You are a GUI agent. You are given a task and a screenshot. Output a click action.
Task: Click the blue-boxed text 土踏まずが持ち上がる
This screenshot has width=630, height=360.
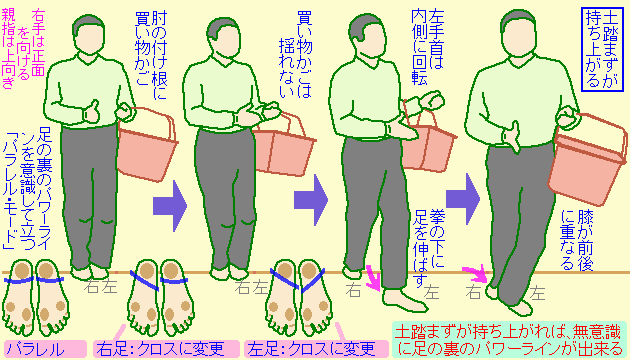pos(601,49)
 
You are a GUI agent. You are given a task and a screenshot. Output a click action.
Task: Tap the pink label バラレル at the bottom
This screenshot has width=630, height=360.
pos(45,349)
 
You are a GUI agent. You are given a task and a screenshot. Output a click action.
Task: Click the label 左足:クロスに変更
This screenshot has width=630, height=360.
pos(317,349)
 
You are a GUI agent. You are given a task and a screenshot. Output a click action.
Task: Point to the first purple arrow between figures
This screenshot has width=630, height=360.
pos(170,206)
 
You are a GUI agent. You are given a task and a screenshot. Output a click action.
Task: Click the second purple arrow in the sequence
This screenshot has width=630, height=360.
pos(311,200)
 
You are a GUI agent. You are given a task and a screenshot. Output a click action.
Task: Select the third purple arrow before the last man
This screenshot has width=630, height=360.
pos(463,199)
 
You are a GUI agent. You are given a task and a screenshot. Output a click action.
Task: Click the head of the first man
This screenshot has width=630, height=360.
pos(89,35)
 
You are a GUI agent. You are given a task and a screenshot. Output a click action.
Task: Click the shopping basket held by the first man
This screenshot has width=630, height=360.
pos(147,143)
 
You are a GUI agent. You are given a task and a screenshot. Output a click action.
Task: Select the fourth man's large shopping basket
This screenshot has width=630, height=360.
pos(588,159)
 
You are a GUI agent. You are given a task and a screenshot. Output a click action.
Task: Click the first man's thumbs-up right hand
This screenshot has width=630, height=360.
pos(91,111)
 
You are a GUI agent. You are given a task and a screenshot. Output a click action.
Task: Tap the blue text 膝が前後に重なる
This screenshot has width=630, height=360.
pos(577,238)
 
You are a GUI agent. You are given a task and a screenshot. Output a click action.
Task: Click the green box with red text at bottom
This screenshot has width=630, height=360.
pos(508,340)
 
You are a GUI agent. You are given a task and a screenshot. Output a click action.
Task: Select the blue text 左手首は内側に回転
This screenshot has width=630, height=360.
pos(427,47)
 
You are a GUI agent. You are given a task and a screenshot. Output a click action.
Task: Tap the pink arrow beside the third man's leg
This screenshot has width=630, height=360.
pos(374,277)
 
